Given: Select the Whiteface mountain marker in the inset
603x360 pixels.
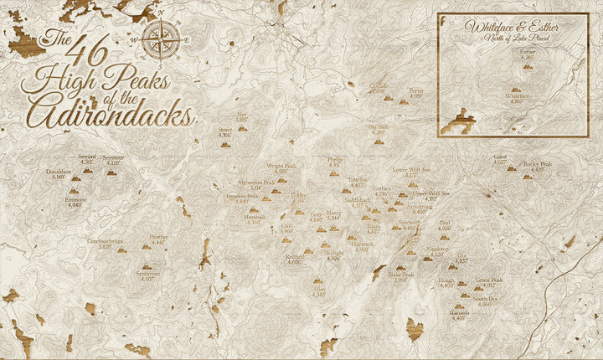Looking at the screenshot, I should pyautogui.click(x=515, y=88).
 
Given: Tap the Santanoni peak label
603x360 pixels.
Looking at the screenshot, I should pyautogui.click(x=151, y=275).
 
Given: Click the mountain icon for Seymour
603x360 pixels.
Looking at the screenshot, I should pyautogui.click(x=111, y=172).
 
